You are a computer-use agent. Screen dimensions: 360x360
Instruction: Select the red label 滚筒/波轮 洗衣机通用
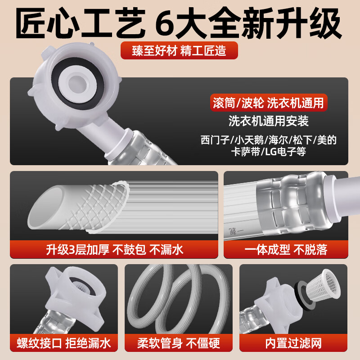tap(268, 103)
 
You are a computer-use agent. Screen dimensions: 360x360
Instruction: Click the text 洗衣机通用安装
tap(269, 121)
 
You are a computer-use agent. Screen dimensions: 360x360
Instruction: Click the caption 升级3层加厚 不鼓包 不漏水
tap(114, 249)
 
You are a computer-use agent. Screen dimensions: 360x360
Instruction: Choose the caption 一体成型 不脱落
tap(286, 249)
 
